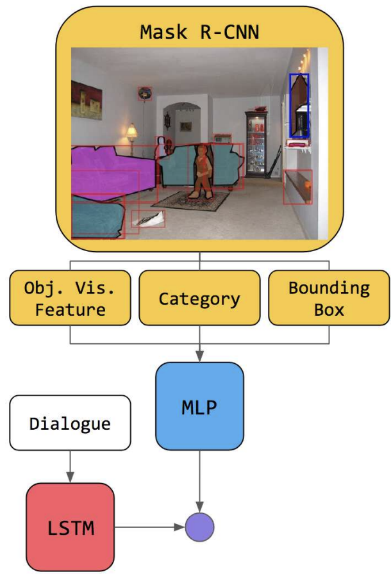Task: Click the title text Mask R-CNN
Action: [x=199, y=33]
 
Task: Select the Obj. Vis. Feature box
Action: [x=70, y=299]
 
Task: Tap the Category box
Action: [x=199, y=299]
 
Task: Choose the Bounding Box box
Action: [x=329, y=299]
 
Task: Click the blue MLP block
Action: [x=199, y=406]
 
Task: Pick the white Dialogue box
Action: [x=71, y=423]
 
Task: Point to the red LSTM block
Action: [x=71, y=527]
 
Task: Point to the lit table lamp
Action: [x=131, y=133]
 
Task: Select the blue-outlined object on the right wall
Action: [x=299, y=105]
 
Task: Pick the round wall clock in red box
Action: [x=146, y=93]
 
